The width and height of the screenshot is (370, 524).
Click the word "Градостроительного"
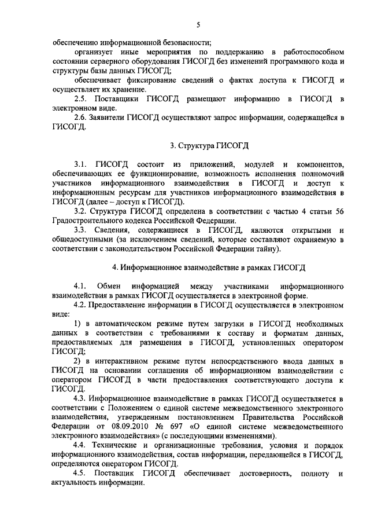click(x=87, y=221)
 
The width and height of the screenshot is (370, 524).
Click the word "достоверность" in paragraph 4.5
click(x=260, y=474)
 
